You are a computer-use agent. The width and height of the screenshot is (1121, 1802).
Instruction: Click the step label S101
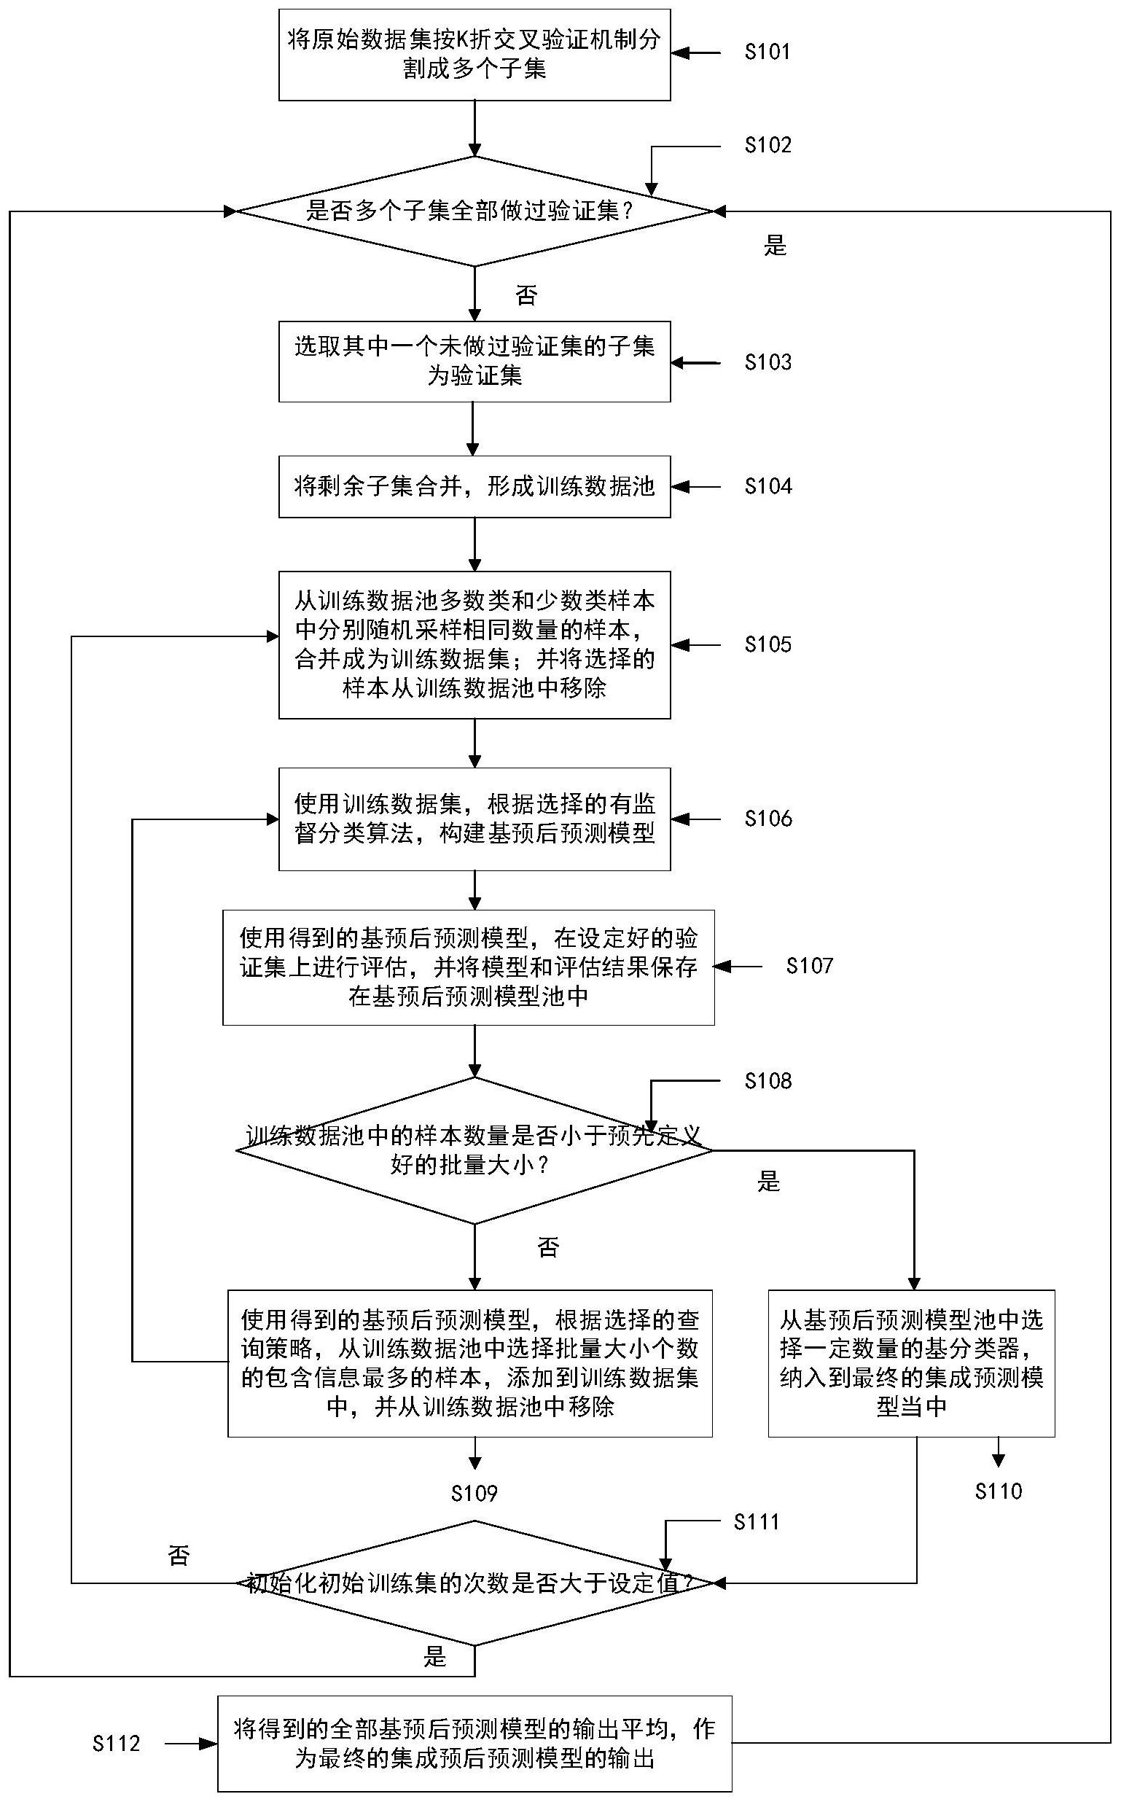click(x=767, y=52)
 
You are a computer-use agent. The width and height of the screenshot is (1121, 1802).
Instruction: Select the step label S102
click(x=767, y=145)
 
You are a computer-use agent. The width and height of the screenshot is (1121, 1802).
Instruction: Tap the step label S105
click(x=767, y=644)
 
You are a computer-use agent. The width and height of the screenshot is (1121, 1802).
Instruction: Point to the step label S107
click(x=810, y=966)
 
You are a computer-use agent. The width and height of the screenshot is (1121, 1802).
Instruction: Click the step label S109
click(x=474, y=1493)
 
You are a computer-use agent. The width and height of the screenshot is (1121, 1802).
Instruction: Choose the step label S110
click(x=998, y=1491)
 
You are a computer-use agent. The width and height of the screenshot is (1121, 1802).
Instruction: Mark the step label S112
click(x=117, y=1744)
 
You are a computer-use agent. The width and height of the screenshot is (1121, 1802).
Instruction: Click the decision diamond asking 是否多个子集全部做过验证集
click(x=474, y=211)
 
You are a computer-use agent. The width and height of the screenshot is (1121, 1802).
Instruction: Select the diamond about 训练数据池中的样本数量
click(x=474, y=1150)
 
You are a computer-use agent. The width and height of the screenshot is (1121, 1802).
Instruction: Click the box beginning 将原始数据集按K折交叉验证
click(x=474, y=54)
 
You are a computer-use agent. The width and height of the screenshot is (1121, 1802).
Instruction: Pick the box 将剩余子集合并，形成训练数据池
click(x=474, y=486)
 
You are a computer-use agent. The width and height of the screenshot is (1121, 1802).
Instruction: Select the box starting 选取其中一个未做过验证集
click(x=474, y=361)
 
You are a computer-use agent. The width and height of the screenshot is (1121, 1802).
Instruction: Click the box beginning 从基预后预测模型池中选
click(x=911, y=1362)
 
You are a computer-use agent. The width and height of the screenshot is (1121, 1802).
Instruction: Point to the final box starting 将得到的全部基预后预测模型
click(x=474, y=1744)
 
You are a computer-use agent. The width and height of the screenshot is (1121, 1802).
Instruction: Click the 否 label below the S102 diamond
click(x=526, y=296)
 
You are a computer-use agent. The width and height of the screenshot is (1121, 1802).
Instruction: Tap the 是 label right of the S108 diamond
click(x=769, y=1182)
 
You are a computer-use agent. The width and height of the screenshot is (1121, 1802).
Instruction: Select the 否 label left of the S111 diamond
click(x=179, y=1556)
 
